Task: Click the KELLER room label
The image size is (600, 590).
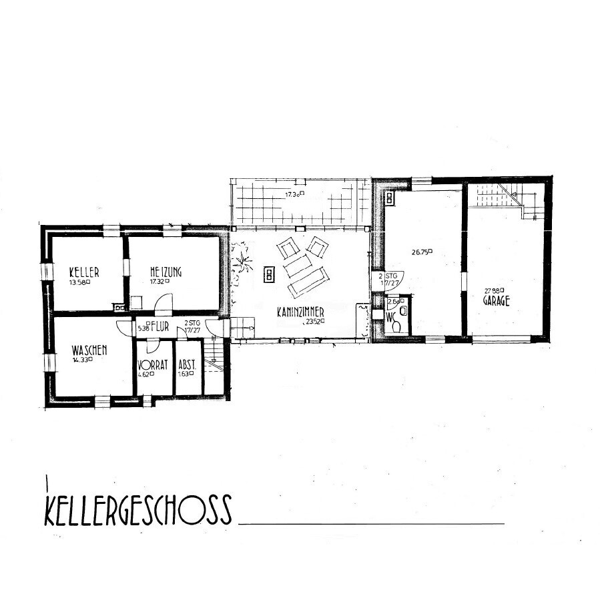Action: [84, 272]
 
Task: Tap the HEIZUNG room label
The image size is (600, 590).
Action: [166, 272]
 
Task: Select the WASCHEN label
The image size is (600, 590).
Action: [90, 350]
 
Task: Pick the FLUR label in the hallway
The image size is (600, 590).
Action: [160, 328]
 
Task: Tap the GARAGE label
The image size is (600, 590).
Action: [497, 300]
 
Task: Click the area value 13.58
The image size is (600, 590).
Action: [79, 282]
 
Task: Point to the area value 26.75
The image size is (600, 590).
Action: [422, 252]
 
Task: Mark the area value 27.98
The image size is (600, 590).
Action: [495, 290]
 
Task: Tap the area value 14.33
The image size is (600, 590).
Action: [81, 360]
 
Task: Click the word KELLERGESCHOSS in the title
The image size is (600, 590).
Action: [138, 510]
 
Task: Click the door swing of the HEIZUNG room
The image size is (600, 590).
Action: [162, 305]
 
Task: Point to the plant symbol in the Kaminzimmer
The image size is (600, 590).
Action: [240, 258]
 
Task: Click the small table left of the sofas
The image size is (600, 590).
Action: [270, 274]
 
